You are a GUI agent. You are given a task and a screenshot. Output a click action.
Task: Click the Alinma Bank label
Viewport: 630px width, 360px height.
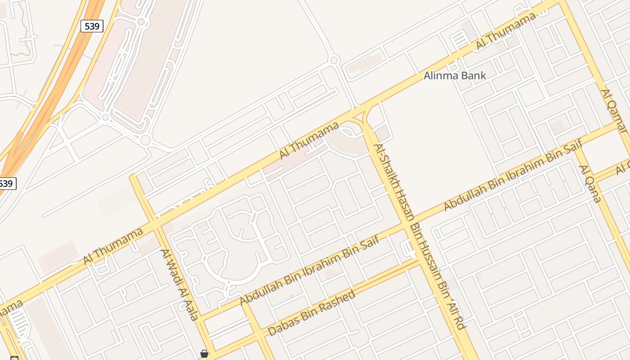tap(454, 76)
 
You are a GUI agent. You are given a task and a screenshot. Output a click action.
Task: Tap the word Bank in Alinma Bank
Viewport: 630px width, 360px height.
tap(472, 76)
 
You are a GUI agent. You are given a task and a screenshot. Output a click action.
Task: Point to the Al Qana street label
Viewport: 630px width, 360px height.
tap(590, 184)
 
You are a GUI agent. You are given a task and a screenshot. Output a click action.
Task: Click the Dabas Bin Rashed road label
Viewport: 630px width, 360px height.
tap(311, 314)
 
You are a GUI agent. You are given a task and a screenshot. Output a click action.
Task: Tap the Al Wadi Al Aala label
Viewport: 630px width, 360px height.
tap(180, 284)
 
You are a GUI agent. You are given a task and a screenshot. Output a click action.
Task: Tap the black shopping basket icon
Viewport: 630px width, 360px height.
tap(204, 354)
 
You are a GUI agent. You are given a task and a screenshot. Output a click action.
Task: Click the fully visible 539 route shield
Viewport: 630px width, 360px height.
tap(92, 27)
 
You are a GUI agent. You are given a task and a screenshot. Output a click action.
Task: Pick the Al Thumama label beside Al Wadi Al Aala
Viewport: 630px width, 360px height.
tap(113, 246)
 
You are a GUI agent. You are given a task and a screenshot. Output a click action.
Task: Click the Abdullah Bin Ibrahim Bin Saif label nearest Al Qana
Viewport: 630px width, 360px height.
tap(513, 175)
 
